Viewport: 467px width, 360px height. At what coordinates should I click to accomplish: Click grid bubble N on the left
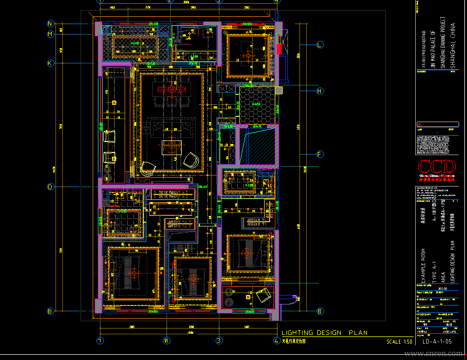click(x=51, y=24)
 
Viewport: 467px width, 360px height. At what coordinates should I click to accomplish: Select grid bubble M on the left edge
click(x=51, y=34)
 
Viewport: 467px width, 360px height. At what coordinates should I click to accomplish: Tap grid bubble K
click(x=51, y=63)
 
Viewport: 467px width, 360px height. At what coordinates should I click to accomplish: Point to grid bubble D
click(x=51, y=187)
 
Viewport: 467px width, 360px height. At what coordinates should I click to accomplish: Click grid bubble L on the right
click(x=319, y=45)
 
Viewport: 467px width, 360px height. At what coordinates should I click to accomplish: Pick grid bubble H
click(x=319, y=91)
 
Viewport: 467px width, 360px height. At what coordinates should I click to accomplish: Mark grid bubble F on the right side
click(x=319, y=154)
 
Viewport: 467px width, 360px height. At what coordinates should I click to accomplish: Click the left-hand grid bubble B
click(x=51, y=311)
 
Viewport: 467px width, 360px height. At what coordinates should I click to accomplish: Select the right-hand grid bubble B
click(x=319, y=311)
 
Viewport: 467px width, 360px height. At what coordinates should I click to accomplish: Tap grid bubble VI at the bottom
click(x=167, y=340)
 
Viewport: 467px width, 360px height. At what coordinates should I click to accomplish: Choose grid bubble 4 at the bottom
click(x=276, y=340)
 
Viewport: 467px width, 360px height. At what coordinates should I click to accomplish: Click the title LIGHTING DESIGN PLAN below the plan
click(x=325, y=333)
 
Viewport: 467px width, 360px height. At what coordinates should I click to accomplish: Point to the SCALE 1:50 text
click(x=399, y=342)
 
